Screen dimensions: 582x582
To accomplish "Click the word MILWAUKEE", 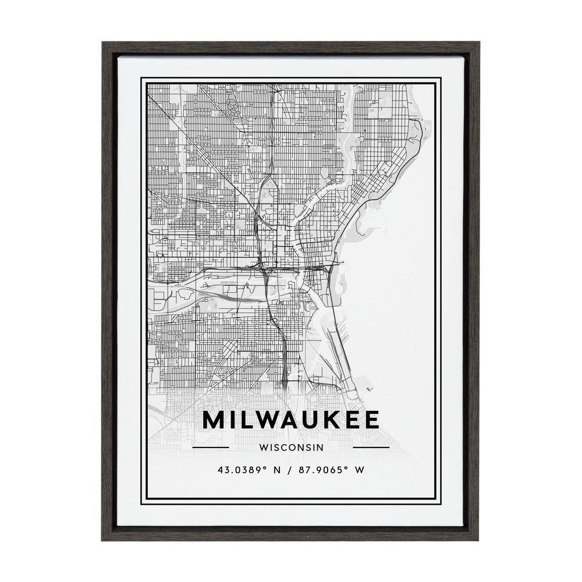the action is tap(290, 420).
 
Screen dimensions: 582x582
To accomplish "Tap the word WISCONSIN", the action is tap(291, 448).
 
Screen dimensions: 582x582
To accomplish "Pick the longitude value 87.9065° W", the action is tap(329, 470).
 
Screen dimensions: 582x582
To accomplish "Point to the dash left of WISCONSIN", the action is tap(210, 448).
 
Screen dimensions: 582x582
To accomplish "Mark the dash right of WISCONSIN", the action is tap(371, 448).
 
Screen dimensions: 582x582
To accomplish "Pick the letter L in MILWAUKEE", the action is tap(246, 420).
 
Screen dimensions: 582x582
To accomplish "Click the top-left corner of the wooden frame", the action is tap(103, 42).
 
